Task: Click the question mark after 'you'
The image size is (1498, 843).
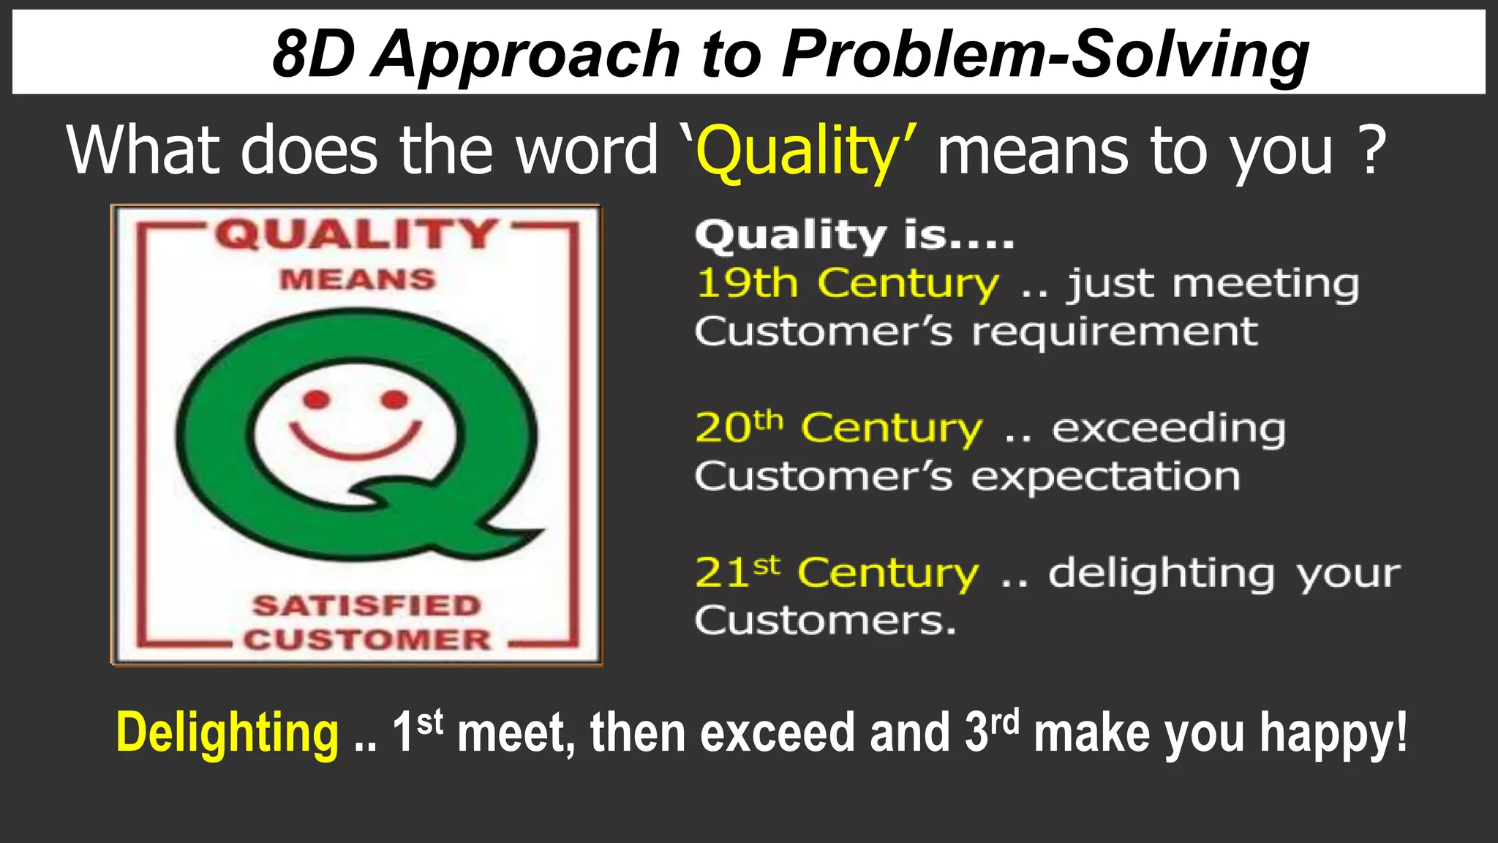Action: tap(1373, 149)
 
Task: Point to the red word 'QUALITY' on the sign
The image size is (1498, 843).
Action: tap(356, 235)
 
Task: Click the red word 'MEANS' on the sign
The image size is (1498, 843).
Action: tap(358, 280)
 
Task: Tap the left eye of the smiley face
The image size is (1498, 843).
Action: tap(317, 400)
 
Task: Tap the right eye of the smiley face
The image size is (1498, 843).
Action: tap(394, 400)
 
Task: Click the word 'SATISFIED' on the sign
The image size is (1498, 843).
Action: tap(366, 606)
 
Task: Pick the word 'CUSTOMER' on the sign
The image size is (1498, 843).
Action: tap(367, 640)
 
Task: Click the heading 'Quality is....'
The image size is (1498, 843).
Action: tap(854, 236)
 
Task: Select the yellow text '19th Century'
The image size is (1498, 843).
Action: tap(846, 283)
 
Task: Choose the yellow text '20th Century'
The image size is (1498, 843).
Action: tap(838, 427)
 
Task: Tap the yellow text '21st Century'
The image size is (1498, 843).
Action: tap(836, 572)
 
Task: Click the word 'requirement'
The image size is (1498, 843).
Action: tap(1114, 332)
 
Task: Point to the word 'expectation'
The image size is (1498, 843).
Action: tap(1105, 477)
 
